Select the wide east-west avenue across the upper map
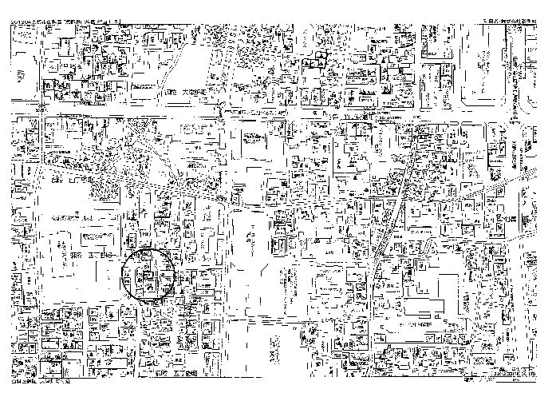(279, 112)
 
